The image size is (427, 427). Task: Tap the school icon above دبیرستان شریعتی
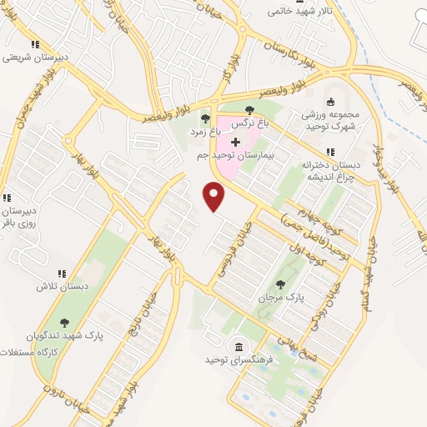point(34,45)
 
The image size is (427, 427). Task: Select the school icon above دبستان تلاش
point(61,273)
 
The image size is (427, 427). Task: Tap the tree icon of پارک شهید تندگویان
point(65,323)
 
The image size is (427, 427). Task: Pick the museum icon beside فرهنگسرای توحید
point(239,346)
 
